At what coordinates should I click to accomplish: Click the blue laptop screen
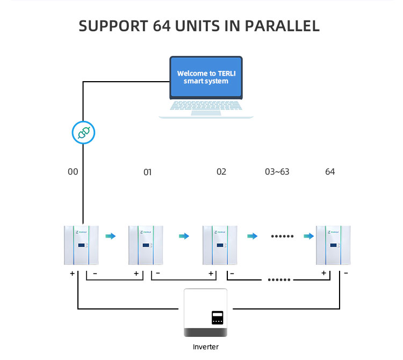203,77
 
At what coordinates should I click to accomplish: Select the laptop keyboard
206,107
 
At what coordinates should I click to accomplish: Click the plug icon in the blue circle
83,133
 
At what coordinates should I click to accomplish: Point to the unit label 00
73,172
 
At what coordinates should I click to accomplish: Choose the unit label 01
147,172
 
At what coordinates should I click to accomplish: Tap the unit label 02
221,172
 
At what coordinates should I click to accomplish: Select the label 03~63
277,172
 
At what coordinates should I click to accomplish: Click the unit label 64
330,172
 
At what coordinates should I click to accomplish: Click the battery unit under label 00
81,245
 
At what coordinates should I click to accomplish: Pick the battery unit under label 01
145,245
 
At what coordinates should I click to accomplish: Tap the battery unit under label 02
220,245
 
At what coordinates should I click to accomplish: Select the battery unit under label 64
333,245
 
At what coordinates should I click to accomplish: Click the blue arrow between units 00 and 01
110,236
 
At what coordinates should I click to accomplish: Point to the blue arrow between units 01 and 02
184,236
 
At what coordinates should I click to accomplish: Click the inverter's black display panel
217,317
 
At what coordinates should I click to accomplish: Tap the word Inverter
206,347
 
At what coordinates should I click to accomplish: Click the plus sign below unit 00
72,273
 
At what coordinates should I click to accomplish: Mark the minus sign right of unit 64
345,273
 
